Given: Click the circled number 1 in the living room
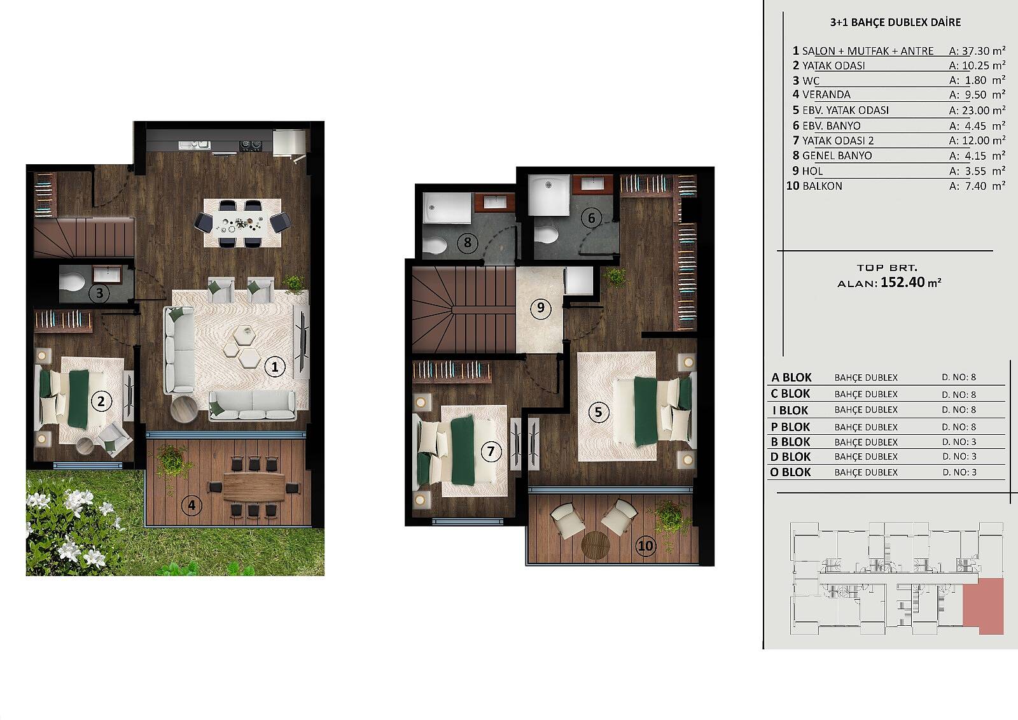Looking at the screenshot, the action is pyautogui.click(x=274, y=367).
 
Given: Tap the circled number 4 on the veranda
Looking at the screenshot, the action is pyautogui.click(x=192, y=505).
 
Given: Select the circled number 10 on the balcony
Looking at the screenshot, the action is pyautogui.click(x=646, y=546).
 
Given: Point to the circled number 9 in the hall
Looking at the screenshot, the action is pyautogui.click(x=540, y=308).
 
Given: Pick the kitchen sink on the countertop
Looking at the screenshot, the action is pyautogui.click(x=195, y=145).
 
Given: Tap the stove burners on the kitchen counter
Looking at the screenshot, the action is pyautogui.click(x=251, y=145).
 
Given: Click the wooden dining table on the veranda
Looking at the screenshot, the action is pyautogui.click(x=254, y=487).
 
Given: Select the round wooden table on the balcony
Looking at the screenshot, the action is pyautogui.click(x=594, y=544).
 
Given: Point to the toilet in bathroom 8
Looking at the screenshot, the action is pyautogui.click(x=435, y=246).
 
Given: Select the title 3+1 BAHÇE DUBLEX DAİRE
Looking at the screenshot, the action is pyautogui.click(x=895, y=22).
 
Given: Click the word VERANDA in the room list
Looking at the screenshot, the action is pyautogui.click(x=826, y=95).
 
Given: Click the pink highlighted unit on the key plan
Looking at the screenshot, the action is pyautogui.click(x=983, y=606).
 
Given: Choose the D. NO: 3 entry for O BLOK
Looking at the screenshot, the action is pyautogui.click(x=959, y=472).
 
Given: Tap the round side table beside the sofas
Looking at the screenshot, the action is pyautogui.click(x=184, y=409).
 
